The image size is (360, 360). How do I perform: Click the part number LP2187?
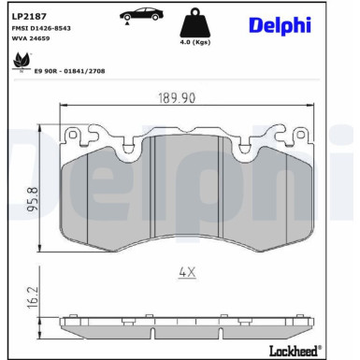26,15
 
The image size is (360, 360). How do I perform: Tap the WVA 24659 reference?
32,41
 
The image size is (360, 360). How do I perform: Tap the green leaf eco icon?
18,61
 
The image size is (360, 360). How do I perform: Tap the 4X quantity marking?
186,272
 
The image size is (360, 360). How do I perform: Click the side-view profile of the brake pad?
186,324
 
